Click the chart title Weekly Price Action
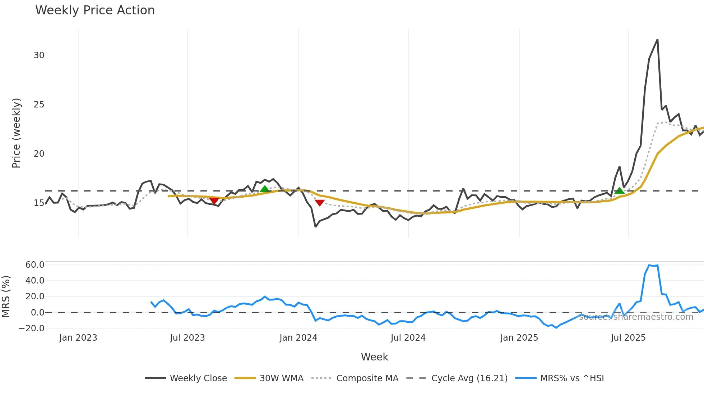(95, 10)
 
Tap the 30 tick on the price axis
(39, 55)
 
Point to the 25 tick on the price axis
(39, 105)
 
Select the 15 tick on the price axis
(39, 203)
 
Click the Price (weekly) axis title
(16, 133)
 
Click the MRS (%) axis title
(6, 296)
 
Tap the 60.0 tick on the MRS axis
(34, 265)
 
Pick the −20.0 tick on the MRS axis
(32, 328)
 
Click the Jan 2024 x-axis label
(298, 338)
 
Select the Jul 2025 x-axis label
(628, 338)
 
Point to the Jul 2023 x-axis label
(187, 338)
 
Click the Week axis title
(374, 357)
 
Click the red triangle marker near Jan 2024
(319, 203)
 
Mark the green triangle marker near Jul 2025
(619, 191)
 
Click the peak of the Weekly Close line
(657, 40)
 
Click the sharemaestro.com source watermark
(636, 317)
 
